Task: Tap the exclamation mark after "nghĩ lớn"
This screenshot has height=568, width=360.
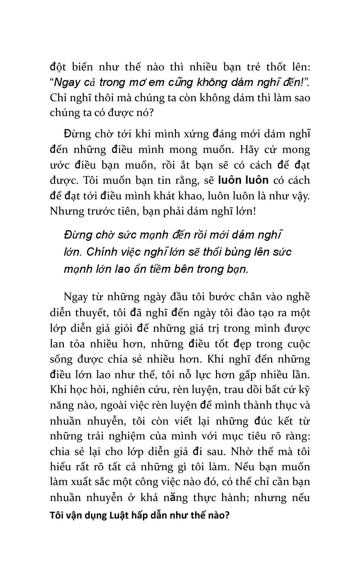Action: click(x=254, y=211)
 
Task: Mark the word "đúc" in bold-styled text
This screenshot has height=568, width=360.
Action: click(x=260, y=421)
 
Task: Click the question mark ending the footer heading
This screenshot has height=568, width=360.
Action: click(x=227, y=516)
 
